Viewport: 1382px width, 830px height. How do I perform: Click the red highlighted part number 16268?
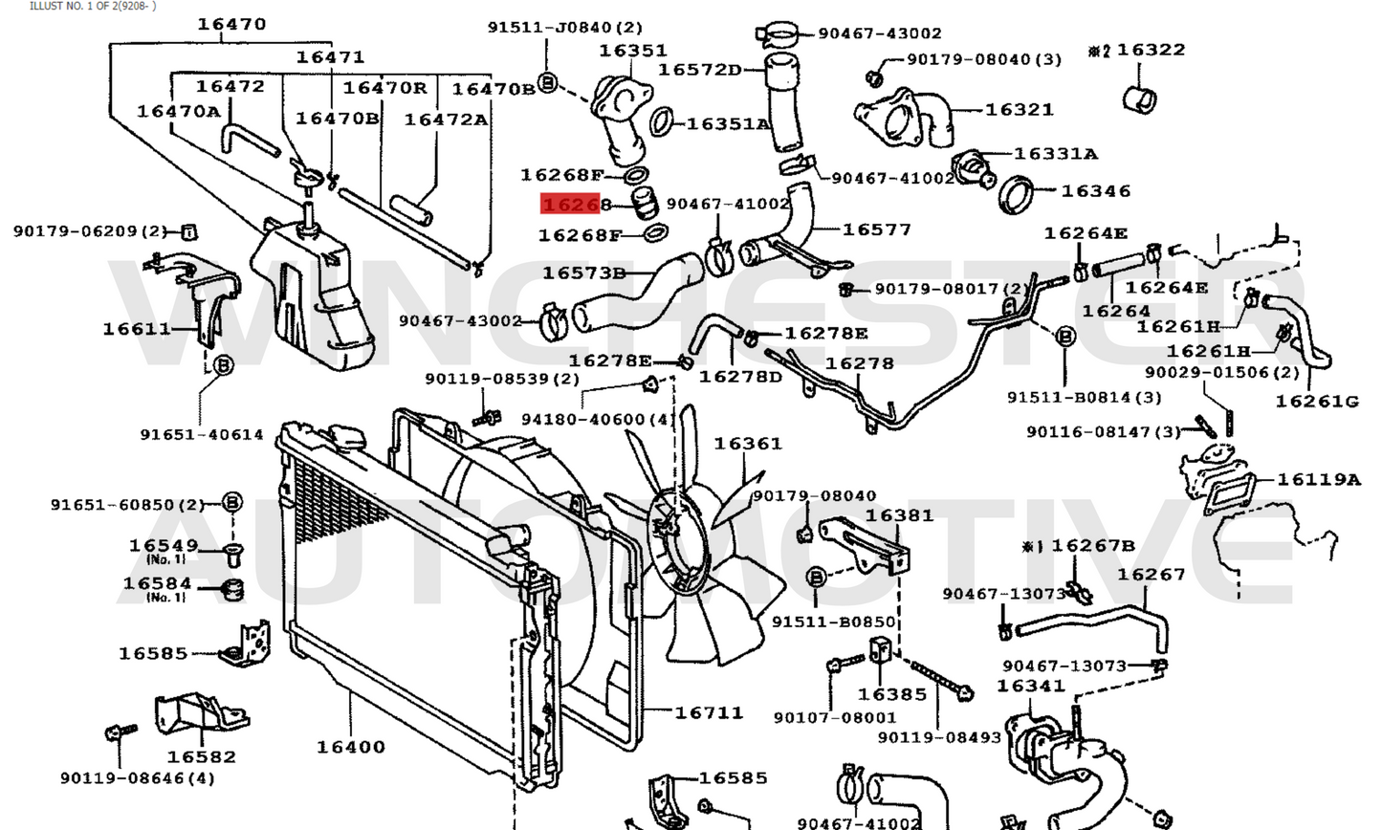click(x=572, y=205)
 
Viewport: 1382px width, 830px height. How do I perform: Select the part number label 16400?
click(x=351, y=747)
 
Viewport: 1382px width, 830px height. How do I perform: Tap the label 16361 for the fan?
click(x=748, y=444)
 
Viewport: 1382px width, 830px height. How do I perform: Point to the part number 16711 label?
click(x=709, y=712)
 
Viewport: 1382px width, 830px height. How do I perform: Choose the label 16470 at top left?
click(x=231, y=24)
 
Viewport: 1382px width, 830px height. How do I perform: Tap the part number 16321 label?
click(x=1020, y=110)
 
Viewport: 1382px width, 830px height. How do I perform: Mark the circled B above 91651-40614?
click(x=222, y=364)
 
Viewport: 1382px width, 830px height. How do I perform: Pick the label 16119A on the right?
click(x=1318, y=480)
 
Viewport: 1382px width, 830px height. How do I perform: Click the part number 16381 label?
click(x=899, y=516)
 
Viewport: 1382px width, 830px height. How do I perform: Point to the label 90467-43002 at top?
click(x=879, y=33)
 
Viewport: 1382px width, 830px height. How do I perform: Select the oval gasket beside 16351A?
click(x=661, y=122)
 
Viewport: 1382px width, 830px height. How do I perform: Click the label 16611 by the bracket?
click(x=137, y=329)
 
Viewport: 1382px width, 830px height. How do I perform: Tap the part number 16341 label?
click(x=1030, y=687)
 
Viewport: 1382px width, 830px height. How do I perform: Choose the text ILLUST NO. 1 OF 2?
click(x=93, y=6)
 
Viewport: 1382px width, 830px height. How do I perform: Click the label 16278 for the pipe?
click(x=859, y=363)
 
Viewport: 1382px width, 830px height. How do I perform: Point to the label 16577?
click(x=877, y=229)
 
